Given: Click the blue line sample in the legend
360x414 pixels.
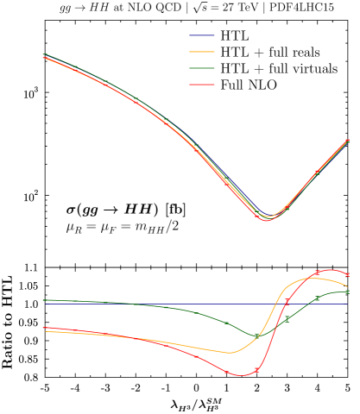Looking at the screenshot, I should coord(202,35).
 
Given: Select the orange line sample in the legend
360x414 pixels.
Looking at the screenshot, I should coord(202,52).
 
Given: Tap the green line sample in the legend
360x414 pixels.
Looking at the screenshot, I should coord(202,67).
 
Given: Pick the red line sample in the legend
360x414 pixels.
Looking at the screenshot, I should coord(202,85).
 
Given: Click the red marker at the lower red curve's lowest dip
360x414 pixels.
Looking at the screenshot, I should coord(256,370).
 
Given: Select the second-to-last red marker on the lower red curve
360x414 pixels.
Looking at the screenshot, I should coord(318,273).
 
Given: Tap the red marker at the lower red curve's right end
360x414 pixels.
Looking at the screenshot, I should coord(347,274).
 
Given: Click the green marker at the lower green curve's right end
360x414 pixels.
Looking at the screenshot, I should coord(347,292).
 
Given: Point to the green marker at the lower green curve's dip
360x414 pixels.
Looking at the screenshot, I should coord(256,335).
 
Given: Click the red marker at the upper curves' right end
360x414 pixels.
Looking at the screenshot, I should coord(347,141).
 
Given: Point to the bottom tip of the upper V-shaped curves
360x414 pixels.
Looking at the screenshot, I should coord(266,219).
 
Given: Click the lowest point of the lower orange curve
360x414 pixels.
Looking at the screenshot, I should coord(231,353).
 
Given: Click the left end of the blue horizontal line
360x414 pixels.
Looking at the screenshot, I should coord(43,304).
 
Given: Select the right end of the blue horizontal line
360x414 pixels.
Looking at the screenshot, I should coord(347,304).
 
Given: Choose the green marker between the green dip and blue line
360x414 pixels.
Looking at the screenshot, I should coord(287,318).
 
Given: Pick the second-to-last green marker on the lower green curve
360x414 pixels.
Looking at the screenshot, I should coord(318,298).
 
